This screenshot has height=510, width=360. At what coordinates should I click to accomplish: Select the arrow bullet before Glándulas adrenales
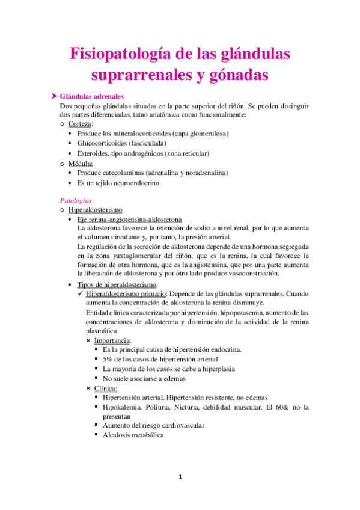(54, 96)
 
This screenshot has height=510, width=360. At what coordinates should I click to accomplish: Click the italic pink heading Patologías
(76, 200)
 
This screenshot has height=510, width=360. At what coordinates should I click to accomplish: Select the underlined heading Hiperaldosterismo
(96, 210)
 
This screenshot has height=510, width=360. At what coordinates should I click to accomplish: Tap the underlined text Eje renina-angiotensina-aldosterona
(129, 220)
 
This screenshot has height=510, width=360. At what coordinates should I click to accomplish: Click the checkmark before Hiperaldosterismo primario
(82, 294)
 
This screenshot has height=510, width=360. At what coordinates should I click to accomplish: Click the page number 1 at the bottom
(180, 477)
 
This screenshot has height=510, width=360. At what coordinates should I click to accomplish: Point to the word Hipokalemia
(123, 407)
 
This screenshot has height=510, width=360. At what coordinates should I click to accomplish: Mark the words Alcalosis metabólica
(133, 435)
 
